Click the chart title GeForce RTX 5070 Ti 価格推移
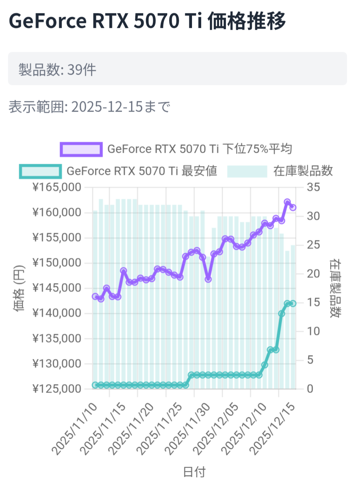147,21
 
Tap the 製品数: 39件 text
57,69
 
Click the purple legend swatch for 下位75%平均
81,149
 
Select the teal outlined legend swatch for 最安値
40,171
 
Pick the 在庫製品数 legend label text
303,171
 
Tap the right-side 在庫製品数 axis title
335,288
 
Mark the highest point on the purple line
287,202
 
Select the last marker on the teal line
293,304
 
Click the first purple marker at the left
95,296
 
